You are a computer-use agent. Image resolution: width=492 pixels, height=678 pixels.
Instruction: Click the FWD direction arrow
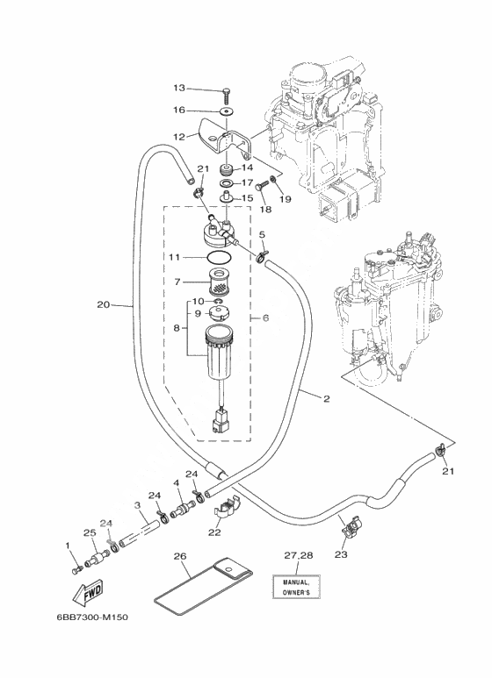pyautogui.click(x=87, y=592)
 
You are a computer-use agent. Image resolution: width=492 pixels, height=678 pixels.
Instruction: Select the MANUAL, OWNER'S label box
pyautogui.click(x=296, y=587)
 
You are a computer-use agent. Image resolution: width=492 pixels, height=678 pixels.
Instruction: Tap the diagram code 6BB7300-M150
pyautogui.click(x=92, y=617)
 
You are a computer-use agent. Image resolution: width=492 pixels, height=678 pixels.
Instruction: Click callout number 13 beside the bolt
pyautogui.click(x=179, y=88)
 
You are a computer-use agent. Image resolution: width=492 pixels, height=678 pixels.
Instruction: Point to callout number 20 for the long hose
pyautogui.click(x=103, y=305)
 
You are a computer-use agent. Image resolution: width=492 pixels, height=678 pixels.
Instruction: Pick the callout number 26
pyautogui.click(x=180, y=556)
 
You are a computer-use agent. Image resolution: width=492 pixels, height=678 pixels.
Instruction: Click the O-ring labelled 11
pyautogui.click(x=218, y=257)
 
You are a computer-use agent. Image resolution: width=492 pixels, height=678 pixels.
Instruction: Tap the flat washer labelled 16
pyautogui.click(x=225, y=111)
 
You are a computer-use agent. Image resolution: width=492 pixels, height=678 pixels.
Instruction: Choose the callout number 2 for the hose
pyautogui.click(x=327, y=398)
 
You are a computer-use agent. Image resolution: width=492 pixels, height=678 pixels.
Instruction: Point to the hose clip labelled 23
pyautogui.click(x=351, y=525)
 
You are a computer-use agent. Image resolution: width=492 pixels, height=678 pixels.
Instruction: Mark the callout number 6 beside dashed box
pyautogui.click(x=265, y=318)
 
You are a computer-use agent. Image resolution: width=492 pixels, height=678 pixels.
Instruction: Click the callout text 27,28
pyautogui.click(x=299, y=555)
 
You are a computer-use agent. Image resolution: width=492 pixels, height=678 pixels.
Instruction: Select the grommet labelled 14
pyautogui.click(x=226, y=168)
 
